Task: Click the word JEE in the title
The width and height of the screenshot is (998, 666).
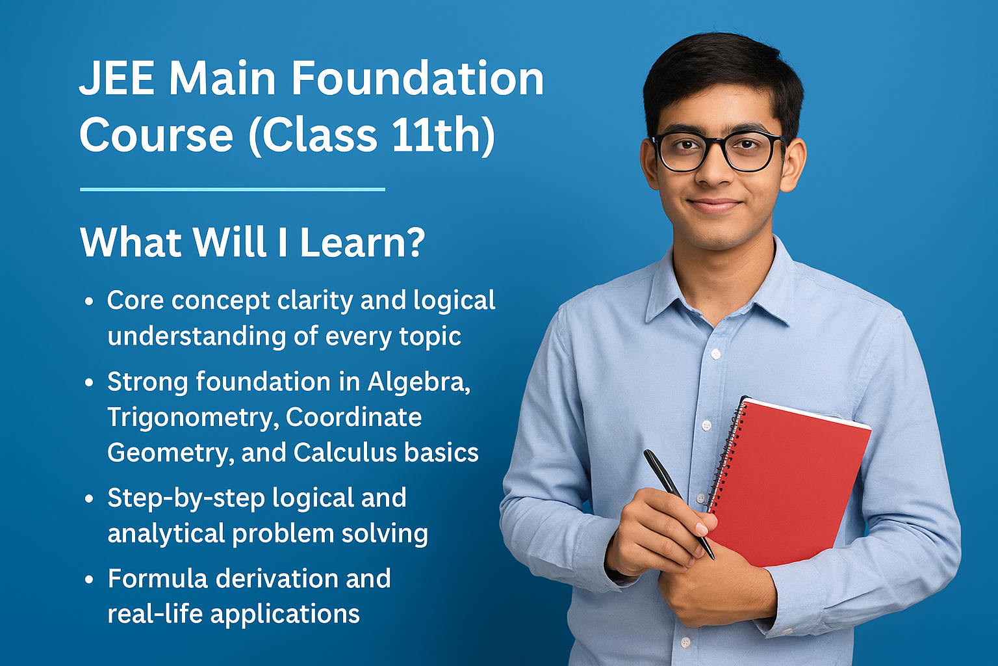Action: click(117, 79)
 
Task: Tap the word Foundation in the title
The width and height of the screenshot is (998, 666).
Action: click(416, 79)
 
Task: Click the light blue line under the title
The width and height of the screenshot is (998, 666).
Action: click(233, 189)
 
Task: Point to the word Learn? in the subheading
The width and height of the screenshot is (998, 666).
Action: click(362, 242)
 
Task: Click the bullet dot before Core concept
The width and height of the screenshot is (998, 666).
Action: click(90, 302)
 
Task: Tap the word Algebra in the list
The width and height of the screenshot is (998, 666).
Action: click(418, 382)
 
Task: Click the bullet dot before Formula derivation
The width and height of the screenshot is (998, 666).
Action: click(90, 580)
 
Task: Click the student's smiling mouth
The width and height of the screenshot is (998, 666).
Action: click(714, 206)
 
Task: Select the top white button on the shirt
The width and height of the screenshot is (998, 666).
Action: click(715, 354)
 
